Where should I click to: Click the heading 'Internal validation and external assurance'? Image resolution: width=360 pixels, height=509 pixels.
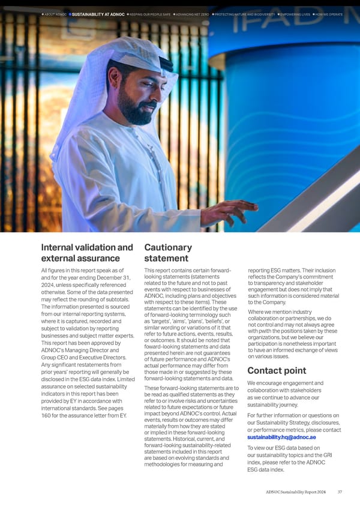[87, 253]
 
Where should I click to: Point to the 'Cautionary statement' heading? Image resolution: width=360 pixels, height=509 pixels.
[169, 253]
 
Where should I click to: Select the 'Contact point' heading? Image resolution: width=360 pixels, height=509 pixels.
[277, 370]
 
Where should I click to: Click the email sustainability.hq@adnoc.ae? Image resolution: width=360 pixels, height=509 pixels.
[281, 437]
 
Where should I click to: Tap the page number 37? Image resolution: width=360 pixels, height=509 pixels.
[340, 493]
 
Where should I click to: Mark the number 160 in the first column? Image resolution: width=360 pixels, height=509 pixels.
[46, 415]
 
